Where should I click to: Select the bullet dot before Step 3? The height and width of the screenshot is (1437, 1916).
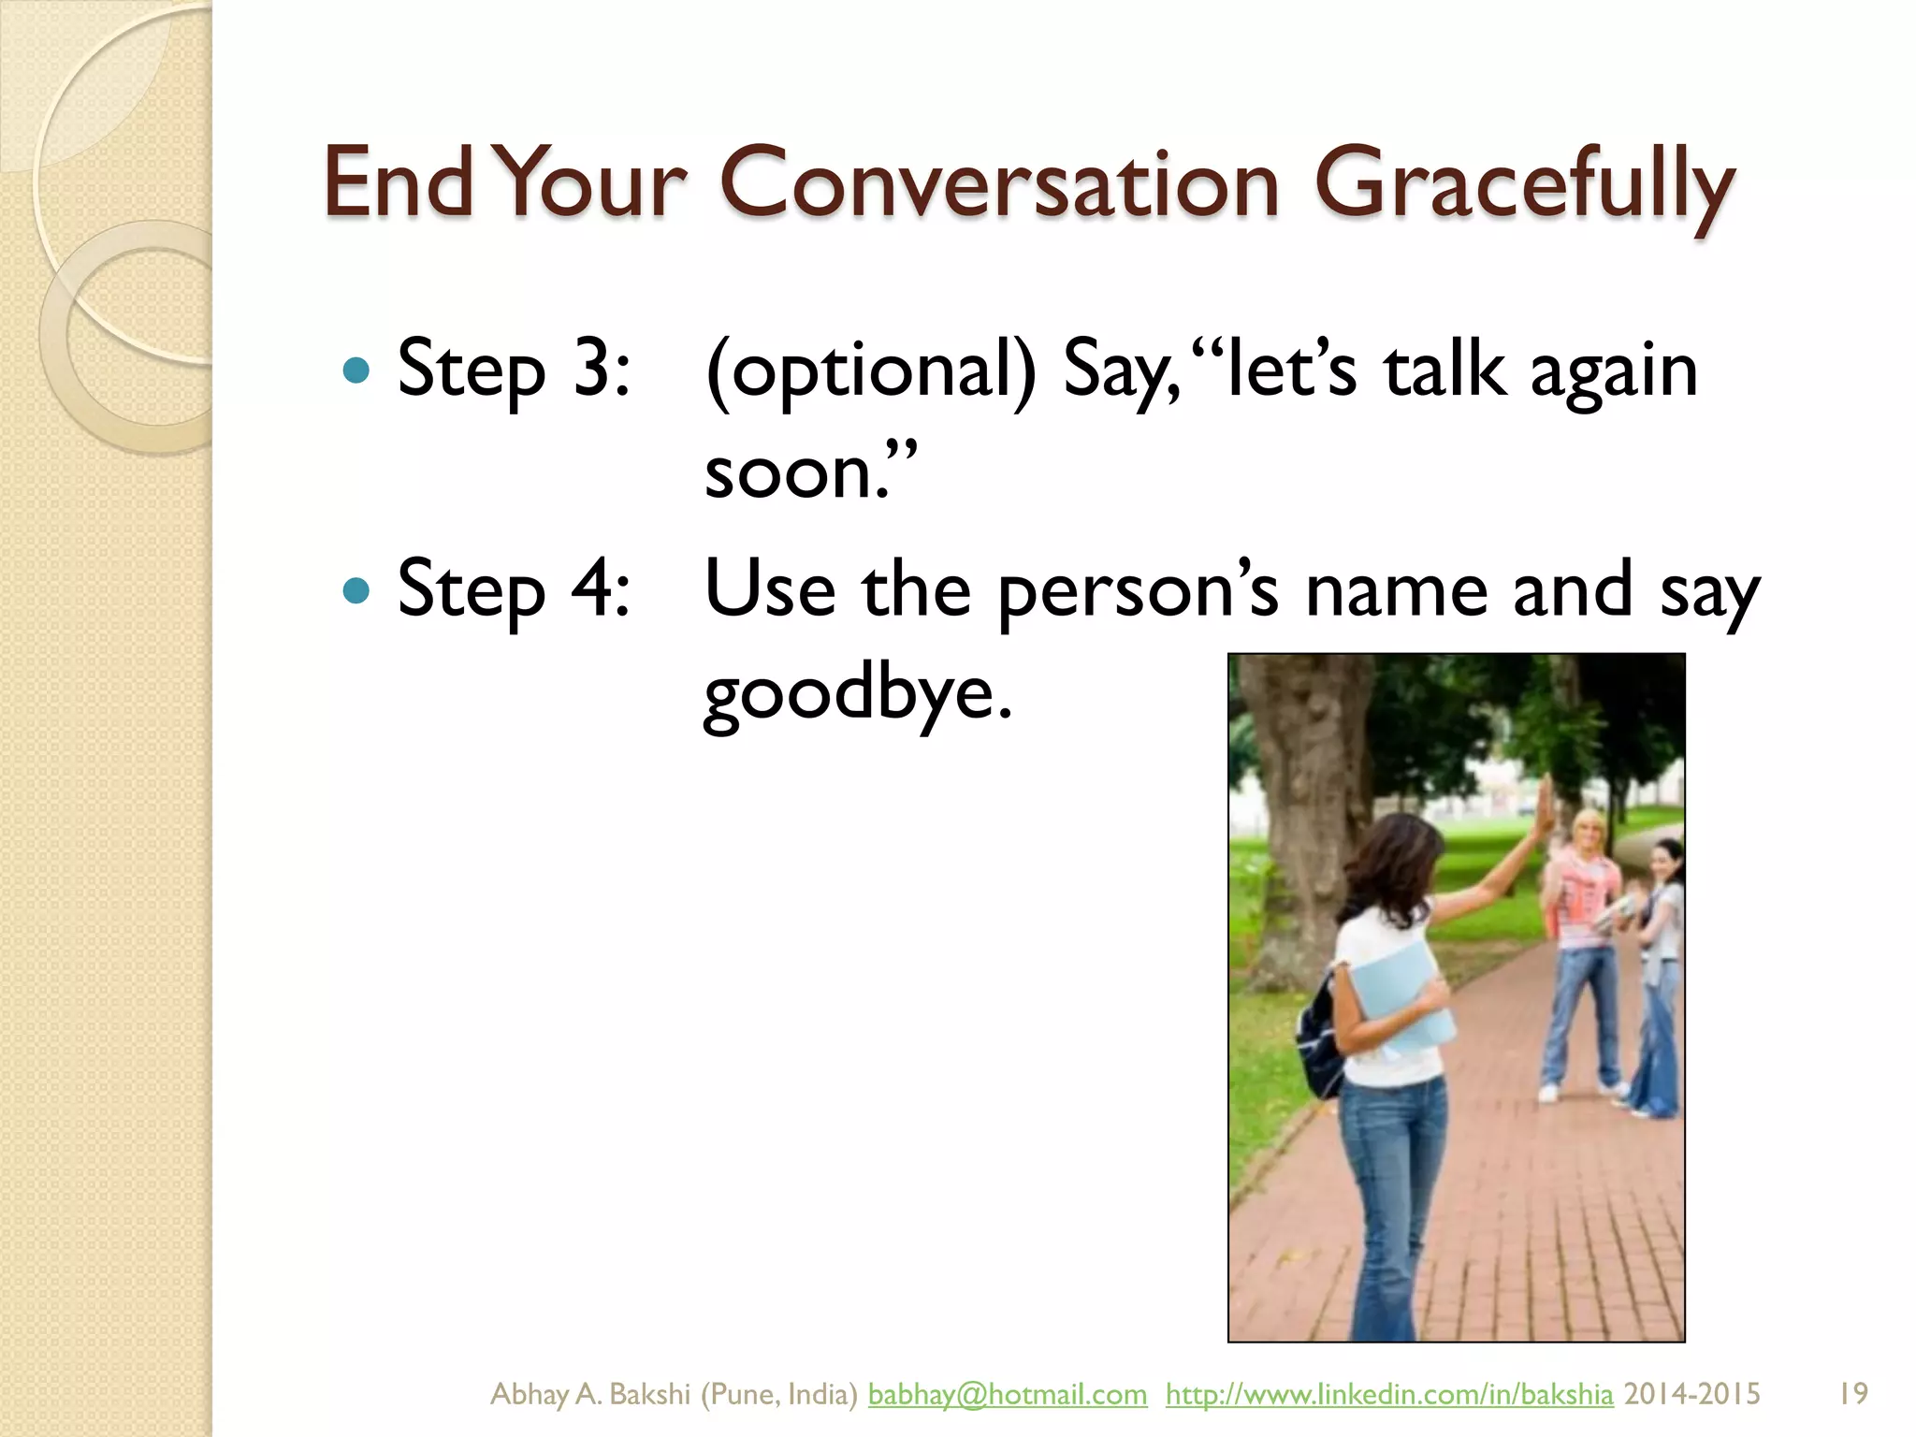tap(357, 370)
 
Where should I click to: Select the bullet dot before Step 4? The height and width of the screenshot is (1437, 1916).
tap(357, 591)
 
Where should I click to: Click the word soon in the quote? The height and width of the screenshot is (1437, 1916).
tap(791, 473)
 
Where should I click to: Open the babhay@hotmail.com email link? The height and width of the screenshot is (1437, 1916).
tap(1007, 1394)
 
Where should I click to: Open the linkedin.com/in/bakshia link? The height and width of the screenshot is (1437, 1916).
tap(1388, 1394)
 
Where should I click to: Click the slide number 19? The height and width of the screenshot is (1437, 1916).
tap(1852, 1394)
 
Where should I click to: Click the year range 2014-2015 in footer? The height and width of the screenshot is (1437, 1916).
tap(1691, 1394)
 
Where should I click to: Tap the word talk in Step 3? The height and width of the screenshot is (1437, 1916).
tap(1444, 370)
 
